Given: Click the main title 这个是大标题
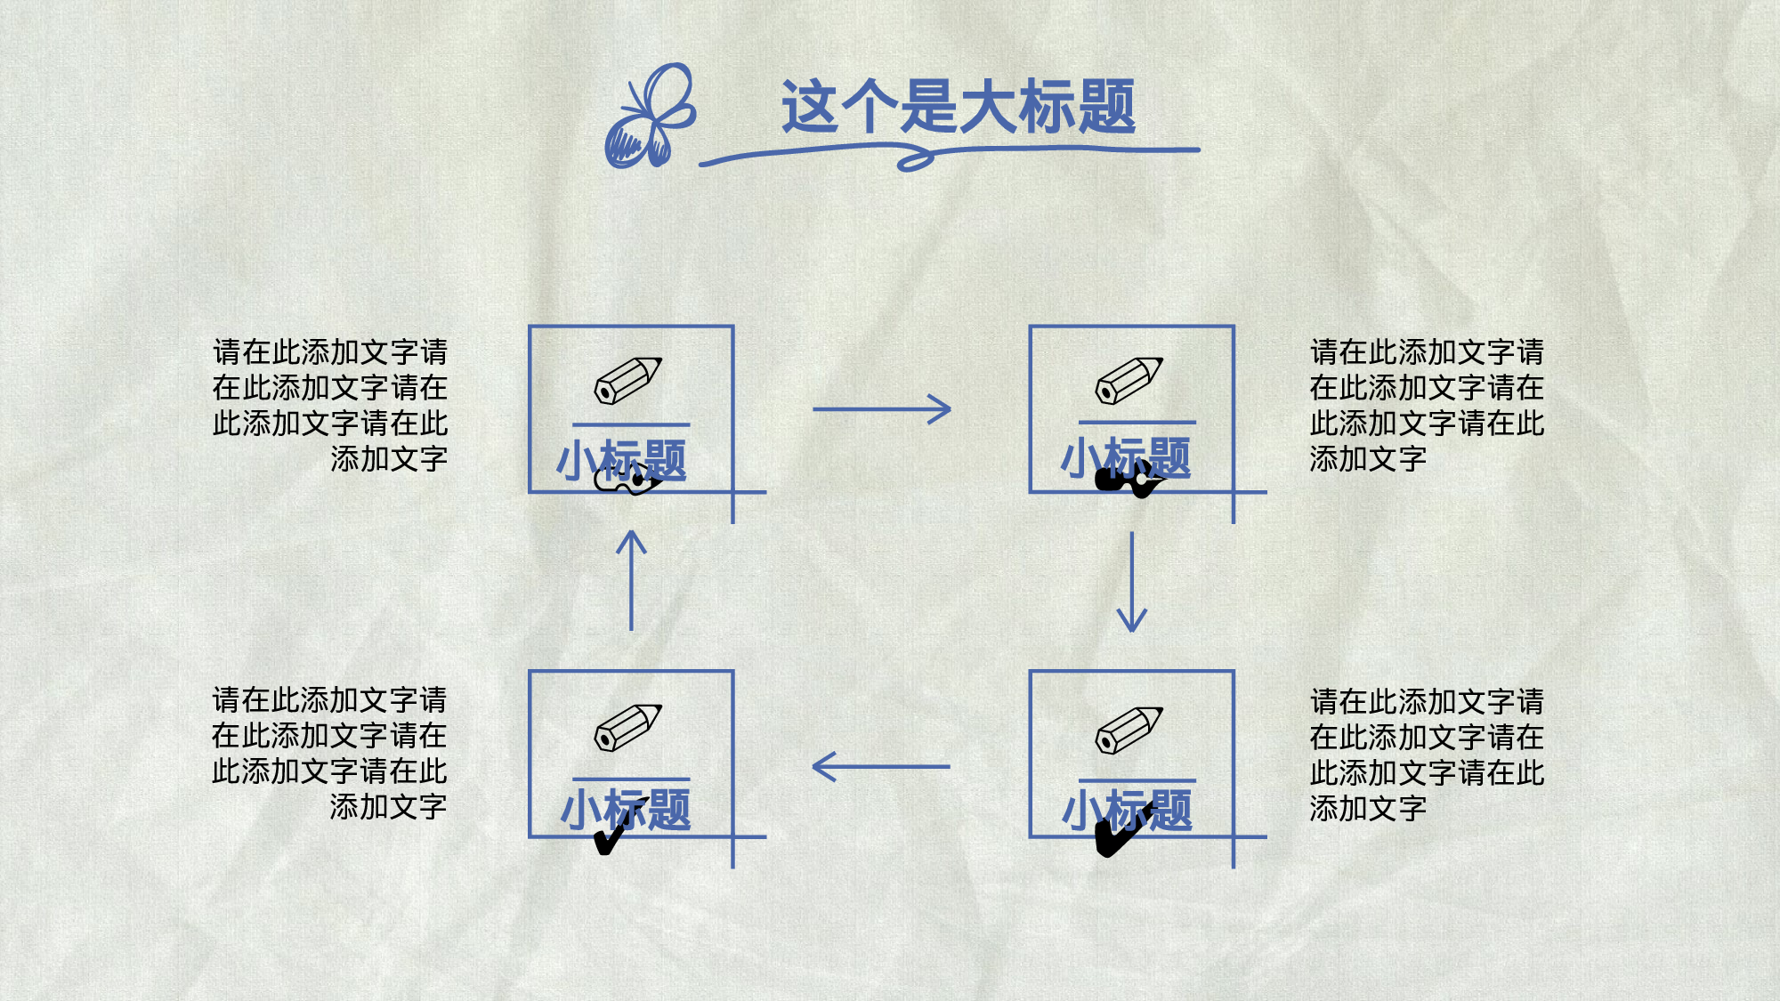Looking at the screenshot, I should tap(958, 107).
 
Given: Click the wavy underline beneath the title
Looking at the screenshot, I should tap(948, 155).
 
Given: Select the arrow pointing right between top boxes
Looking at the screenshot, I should tap(882, 409).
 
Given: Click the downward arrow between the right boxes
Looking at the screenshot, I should tap(1131, 582).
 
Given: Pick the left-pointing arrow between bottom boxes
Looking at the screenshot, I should tap(881, 766).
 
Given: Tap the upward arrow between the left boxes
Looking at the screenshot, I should tap(631, 580).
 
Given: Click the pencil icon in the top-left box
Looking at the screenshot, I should tap(628, 381).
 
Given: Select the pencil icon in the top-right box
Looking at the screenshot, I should tap(1129, 381).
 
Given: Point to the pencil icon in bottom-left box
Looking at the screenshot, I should tap(628, 728).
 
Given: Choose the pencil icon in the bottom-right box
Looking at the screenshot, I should tap(1129, 730).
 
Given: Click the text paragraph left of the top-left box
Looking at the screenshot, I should tap(330, 405).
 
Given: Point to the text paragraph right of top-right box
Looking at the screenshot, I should tap(1427, 405).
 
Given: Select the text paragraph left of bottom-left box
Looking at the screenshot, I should tap(329, 753).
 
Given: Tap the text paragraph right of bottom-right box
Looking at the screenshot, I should tap(1427, 755).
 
